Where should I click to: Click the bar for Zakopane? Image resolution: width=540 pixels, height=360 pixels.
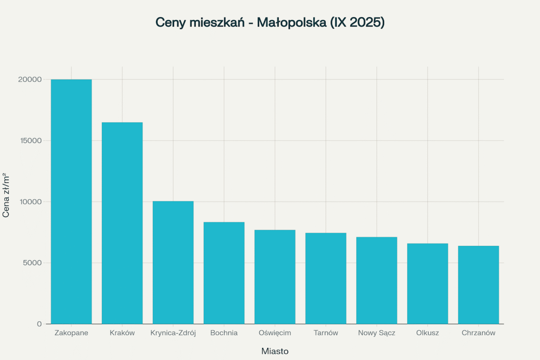(71, 202)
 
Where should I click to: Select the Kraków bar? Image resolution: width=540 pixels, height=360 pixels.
(122, 223)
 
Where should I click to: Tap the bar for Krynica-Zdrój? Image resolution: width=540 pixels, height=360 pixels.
(173, 262)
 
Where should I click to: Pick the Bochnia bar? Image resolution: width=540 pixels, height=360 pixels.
(224, 273)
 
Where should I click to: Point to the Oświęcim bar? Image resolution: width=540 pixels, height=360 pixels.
(275, 277)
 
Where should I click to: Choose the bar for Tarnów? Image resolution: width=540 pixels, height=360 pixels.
(326, 278)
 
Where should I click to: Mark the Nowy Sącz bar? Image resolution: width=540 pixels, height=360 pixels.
(377, 281)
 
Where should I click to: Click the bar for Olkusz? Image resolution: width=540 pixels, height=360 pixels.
(428, 284)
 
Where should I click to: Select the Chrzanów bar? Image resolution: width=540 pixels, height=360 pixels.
(478, 285)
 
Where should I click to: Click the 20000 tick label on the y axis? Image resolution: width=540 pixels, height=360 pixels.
(30, 79)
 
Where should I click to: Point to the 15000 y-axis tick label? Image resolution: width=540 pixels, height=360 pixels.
(30, 141)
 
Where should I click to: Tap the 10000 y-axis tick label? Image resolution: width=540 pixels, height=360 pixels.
(30, 202)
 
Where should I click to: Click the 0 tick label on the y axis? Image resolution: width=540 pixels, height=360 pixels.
(39, 324)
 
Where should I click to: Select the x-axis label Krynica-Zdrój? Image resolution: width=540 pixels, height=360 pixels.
(173, 333)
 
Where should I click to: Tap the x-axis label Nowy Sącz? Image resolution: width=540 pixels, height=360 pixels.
(377, 333)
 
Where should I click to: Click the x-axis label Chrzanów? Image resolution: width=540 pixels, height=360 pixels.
(478, 333)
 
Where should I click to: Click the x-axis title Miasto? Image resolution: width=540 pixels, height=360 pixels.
(275, 351)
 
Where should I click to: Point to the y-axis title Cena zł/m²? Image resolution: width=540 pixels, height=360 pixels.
(6, 195)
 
